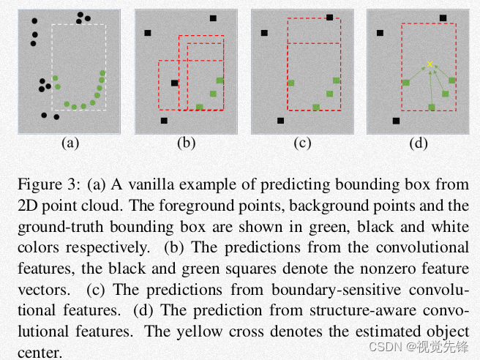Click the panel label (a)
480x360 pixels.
coord(70,143)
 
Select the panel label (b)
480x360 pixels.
coord(186,143)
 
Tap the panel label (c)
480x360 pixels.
coord(302,143)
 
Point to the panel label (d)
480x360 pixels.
coord(419,143)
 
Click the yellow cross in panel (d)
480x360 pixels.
coord(430,64)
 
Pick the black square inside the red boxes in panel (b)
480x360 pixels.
coord(174,83)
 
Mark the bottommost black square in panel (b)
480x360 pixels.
coord(164,120)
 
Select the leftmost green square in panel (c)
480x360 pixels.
coord(290,83)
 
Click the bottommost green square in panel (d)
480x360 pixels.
coord(432,107)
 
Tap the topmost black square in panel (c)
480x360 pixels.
coord(329,18)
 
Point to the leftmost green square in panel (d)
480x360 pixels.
coord(406,83)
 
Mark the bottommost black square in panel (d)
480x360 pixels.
coord(396,120)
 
